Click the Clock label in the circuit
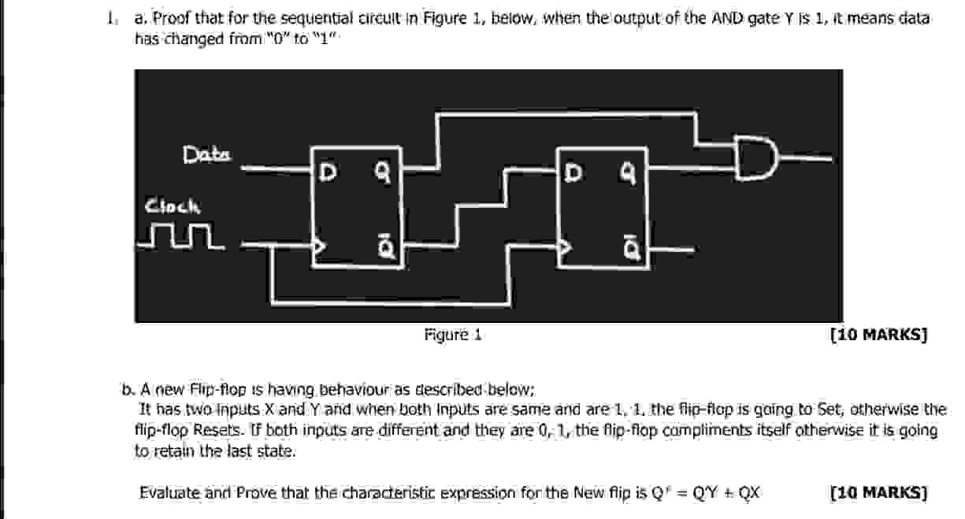click(172, 206)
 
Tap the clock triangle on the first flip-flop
click(319, 247)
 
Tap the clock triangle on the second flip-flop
click(565, 247)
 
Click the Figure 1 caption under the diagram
click(452, 335)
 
